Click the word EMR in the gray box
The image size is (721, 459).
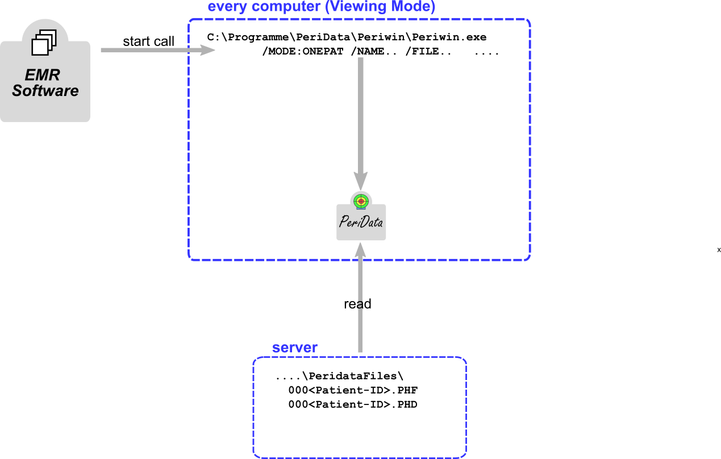(43, 75)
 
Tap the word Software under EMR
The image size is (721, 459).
(45, 91)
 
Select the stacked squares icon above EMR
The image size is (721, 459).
(44, 43)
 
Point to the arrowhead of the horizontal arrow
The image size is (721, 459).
(209, 50)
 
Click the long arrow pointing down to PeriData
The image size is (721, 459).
(361, 114)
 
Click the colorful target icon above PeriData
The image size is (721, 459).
(361, 201)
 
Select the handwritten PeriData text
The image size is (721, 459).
(361, 222)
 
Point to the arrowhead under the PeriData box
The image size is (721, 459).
(360, 249)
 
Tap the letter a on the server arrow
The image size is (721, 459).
(359, 305)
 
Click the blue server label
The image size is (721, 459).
(294, 348)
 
